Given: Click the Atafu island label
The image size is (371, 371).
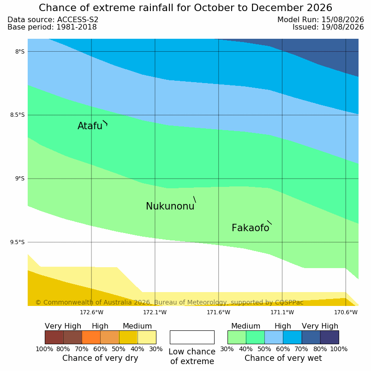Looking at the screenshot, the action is click(90, 126).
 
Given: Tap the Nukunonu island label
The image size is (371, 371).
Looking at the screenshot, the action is click(170, 206).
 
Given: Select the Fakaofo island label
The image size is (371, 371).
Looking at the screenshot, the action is click(250, 228).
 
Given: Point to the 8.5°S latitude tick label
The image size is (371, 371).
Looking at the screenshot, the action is click(17, 115).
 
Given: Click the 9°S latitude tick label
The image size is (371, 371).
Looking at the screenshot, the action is click(20, 179).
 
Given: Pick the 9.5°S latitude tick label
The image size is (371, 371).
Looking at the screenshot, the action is click(17, 242).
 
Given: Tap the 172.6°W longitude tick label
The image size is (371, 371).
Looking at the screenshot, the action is click(91, 312).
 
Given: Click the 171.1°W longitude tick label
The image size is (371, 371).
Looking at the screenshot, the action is click(282, 312).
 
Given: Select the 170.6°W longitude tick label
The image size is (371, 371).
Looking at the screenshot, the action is click(346, 312).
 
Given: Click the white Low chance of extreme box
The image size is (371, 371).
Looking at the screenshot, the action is click(192, 337).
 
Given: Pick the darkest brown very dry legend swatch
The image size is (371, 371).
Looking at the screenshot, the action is click(54, 337).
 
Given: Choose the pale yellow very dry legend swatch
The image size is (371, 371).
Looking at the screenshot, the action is click(147, 337).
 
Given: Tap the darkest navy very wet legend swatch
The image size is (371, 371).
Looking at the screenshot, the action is click(329, 337).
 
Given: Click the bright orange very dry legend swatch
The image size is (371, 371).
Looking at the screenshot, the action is click(91, 337).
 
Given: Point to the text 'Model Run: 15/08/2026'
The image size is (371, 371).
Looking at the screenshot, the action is click(321, 20).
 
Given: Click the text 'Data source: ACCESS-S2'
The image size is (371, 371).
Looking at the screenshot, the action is click(53, 20).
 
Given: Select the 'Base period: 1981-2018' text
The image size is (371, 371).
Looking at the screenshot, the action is click(52, 27).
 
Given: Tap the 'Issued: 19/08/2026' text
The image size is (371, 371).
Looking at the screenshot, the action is click(328, 27).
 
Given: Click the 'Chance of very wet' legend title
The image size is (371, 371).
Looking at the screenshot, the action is click(283, 358).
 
